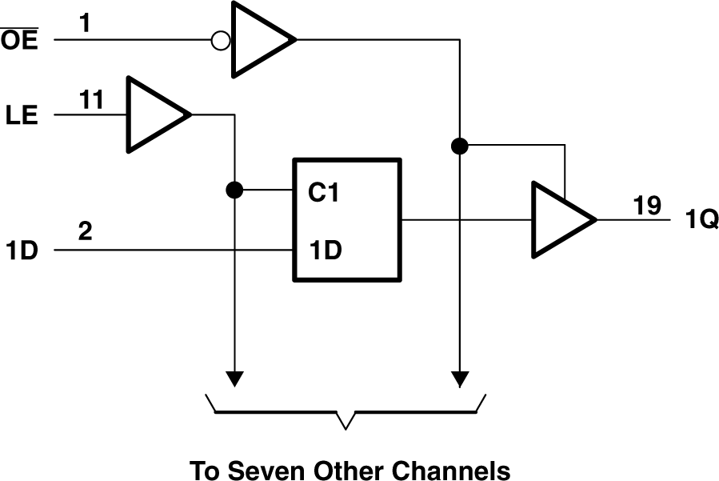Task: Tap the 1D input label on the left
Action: click(22, 250)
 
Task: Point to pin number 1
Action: click(85, 24)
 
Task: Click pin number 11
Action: click(91, 100)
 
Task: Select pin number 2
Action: click(85, 233)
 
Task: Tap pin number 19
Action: click(647, 206)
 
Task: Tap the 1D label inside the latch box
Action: click(325, 250)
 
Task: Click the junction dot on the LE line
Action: click(234, 190)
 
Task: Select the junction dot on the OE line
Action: click(459, 146)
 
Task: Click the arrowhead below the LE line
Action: click(234, 377)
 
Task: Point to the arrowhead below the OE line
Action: click(459, 377)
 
